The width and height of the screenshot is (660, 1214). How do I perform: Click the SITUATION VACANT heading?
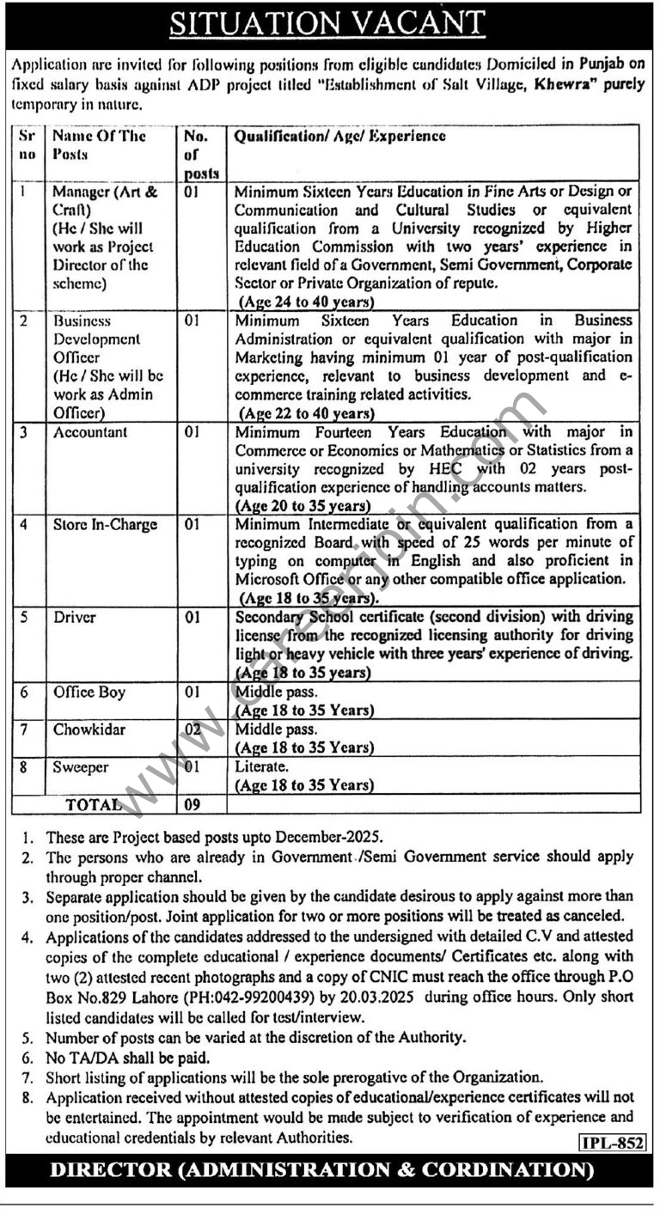[327, 24]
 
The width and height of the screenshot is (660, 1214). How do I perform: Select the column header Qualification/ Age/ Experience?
[339, 136]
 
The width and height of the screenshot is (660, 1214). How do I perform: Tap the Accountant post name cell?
[90, 432]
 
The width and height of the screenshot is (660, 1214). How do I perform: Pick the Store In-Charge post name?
[105, 524]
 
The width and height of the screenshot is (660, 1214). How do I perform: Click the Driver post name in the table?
[74, 617]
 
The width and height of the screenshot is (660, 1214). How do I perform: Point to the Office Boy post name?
[89, 692]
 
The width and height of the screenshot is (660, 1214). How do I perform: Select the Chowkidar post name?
[89, 729]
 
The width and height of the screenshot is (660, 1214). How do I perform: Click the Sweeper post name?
[81, 767]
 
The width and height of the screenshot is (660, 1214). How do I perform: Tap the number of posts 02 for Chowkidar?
[192, 729]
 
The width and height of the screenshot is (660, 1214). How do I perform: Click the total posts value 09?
[192, 805]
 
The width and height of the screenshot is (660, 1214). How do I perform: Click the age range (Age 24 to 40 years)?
[306, 302]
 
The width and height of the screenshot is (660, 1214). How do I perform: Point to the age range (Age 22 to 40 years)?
[306, 412]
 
